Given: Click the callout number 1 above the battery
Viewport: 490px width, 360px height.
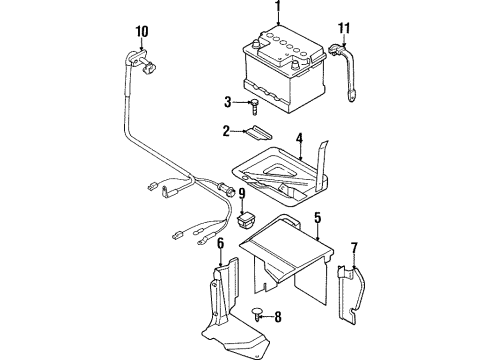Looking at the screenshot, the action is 278,7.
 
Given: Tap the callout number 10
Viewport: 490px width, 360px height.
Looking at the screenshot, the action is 142,32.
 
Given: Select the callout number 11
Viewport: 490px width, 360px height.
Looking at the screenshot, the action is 344,28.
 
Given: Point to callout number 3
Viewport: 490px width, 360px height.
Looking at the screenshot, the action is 228,102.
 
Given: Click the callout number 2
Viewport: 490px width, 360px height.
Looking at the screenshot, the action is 226,131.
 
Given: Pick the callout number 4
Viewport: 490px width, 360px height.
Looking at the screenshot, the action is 299,139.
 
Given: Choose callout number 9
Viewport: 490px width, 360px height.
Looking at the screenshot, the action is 242,194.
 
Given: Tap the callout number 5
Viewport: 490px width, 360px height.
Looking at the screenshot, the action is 318,218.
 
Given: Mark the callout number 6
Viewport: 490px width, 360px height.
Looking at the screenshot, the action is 220,244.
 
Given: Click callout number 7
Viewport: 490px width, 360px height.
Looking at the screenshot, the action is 354,249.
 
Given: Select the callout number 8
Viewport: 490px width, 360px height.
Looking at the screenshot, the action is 278,317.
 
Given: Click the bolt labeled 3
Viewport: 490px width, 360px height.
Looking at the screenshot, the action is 254,107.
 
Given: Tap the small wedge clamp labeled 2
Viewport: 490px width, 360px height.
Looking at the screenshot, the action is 259,133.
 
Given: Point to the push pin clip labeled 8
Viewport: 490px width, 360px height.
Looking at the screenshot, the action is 257,314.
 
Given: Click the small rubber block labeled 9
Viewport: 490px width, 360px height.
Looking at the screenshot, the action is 246,219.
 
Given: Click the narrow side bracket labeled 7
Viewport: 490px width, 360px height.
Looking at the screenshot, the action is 350,294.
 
